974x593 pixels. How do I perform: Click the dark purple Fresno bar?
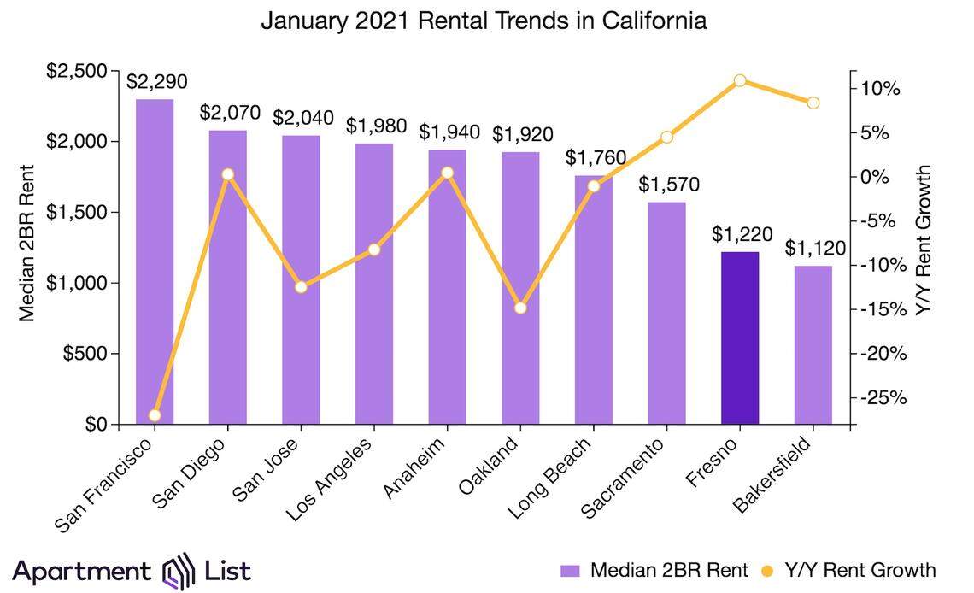click(x=740, y=338)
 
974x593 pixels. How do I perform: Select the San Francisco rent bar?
click(x=155, y=261)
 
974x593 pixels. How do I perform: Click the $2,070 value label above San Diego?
click(x=229, y=112)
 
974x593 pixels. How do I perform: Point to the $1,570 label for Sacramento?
click(x=666, y=184)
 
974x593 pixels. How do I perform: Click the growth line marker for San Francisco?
click(x=155, y=415)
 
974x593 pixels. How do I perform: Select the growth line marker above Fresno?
click(x=740, y=80)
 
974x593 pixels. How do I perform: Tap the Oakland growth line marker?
click(x=520, y=308)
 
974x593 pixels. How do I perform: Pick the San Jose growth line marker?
click(x=301, y=286)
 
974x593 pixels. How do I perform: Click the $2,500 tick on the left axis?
click(x=82, y=71)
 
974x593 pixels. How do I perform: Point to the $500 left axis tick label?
click(x=90, y=354)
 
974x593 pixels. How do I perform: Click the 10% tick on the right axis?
click(x=880, y=89)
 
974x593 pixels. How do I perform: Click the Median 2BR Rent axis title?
click(x=26, y=243)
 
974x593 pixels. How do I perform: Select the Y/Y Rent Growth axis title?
click(x=924, y=242)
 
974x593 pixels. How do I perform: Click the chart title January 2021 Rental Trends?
click(x=484, y=21)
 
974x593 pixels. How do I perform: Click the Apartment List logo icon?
click(x=180, y=571)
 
